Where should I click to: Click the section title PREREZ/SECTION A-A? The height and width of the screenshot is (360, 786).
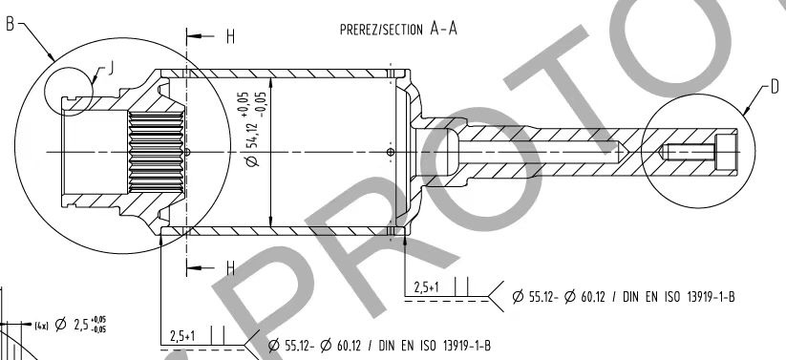pos(398,29)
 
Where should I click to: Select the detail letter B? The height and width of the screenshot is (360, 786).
pos(10,23)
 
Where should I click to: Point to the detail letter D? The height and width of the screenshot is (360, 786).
pos(775,87)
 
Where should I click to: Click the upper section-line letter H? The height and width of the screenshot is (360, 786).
pos(230,36)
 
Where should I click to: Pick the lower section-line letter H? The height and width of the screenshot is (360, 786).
pos(230,268)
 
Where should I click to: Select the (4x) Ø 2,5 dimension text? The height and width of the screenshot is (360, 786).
pos(71,325)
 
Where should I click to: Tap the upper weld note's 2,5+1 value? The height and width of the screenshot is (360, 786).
pos(427,287)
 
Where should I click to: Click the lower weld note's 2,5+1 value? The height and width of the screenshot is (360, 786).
pos(183,336)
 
